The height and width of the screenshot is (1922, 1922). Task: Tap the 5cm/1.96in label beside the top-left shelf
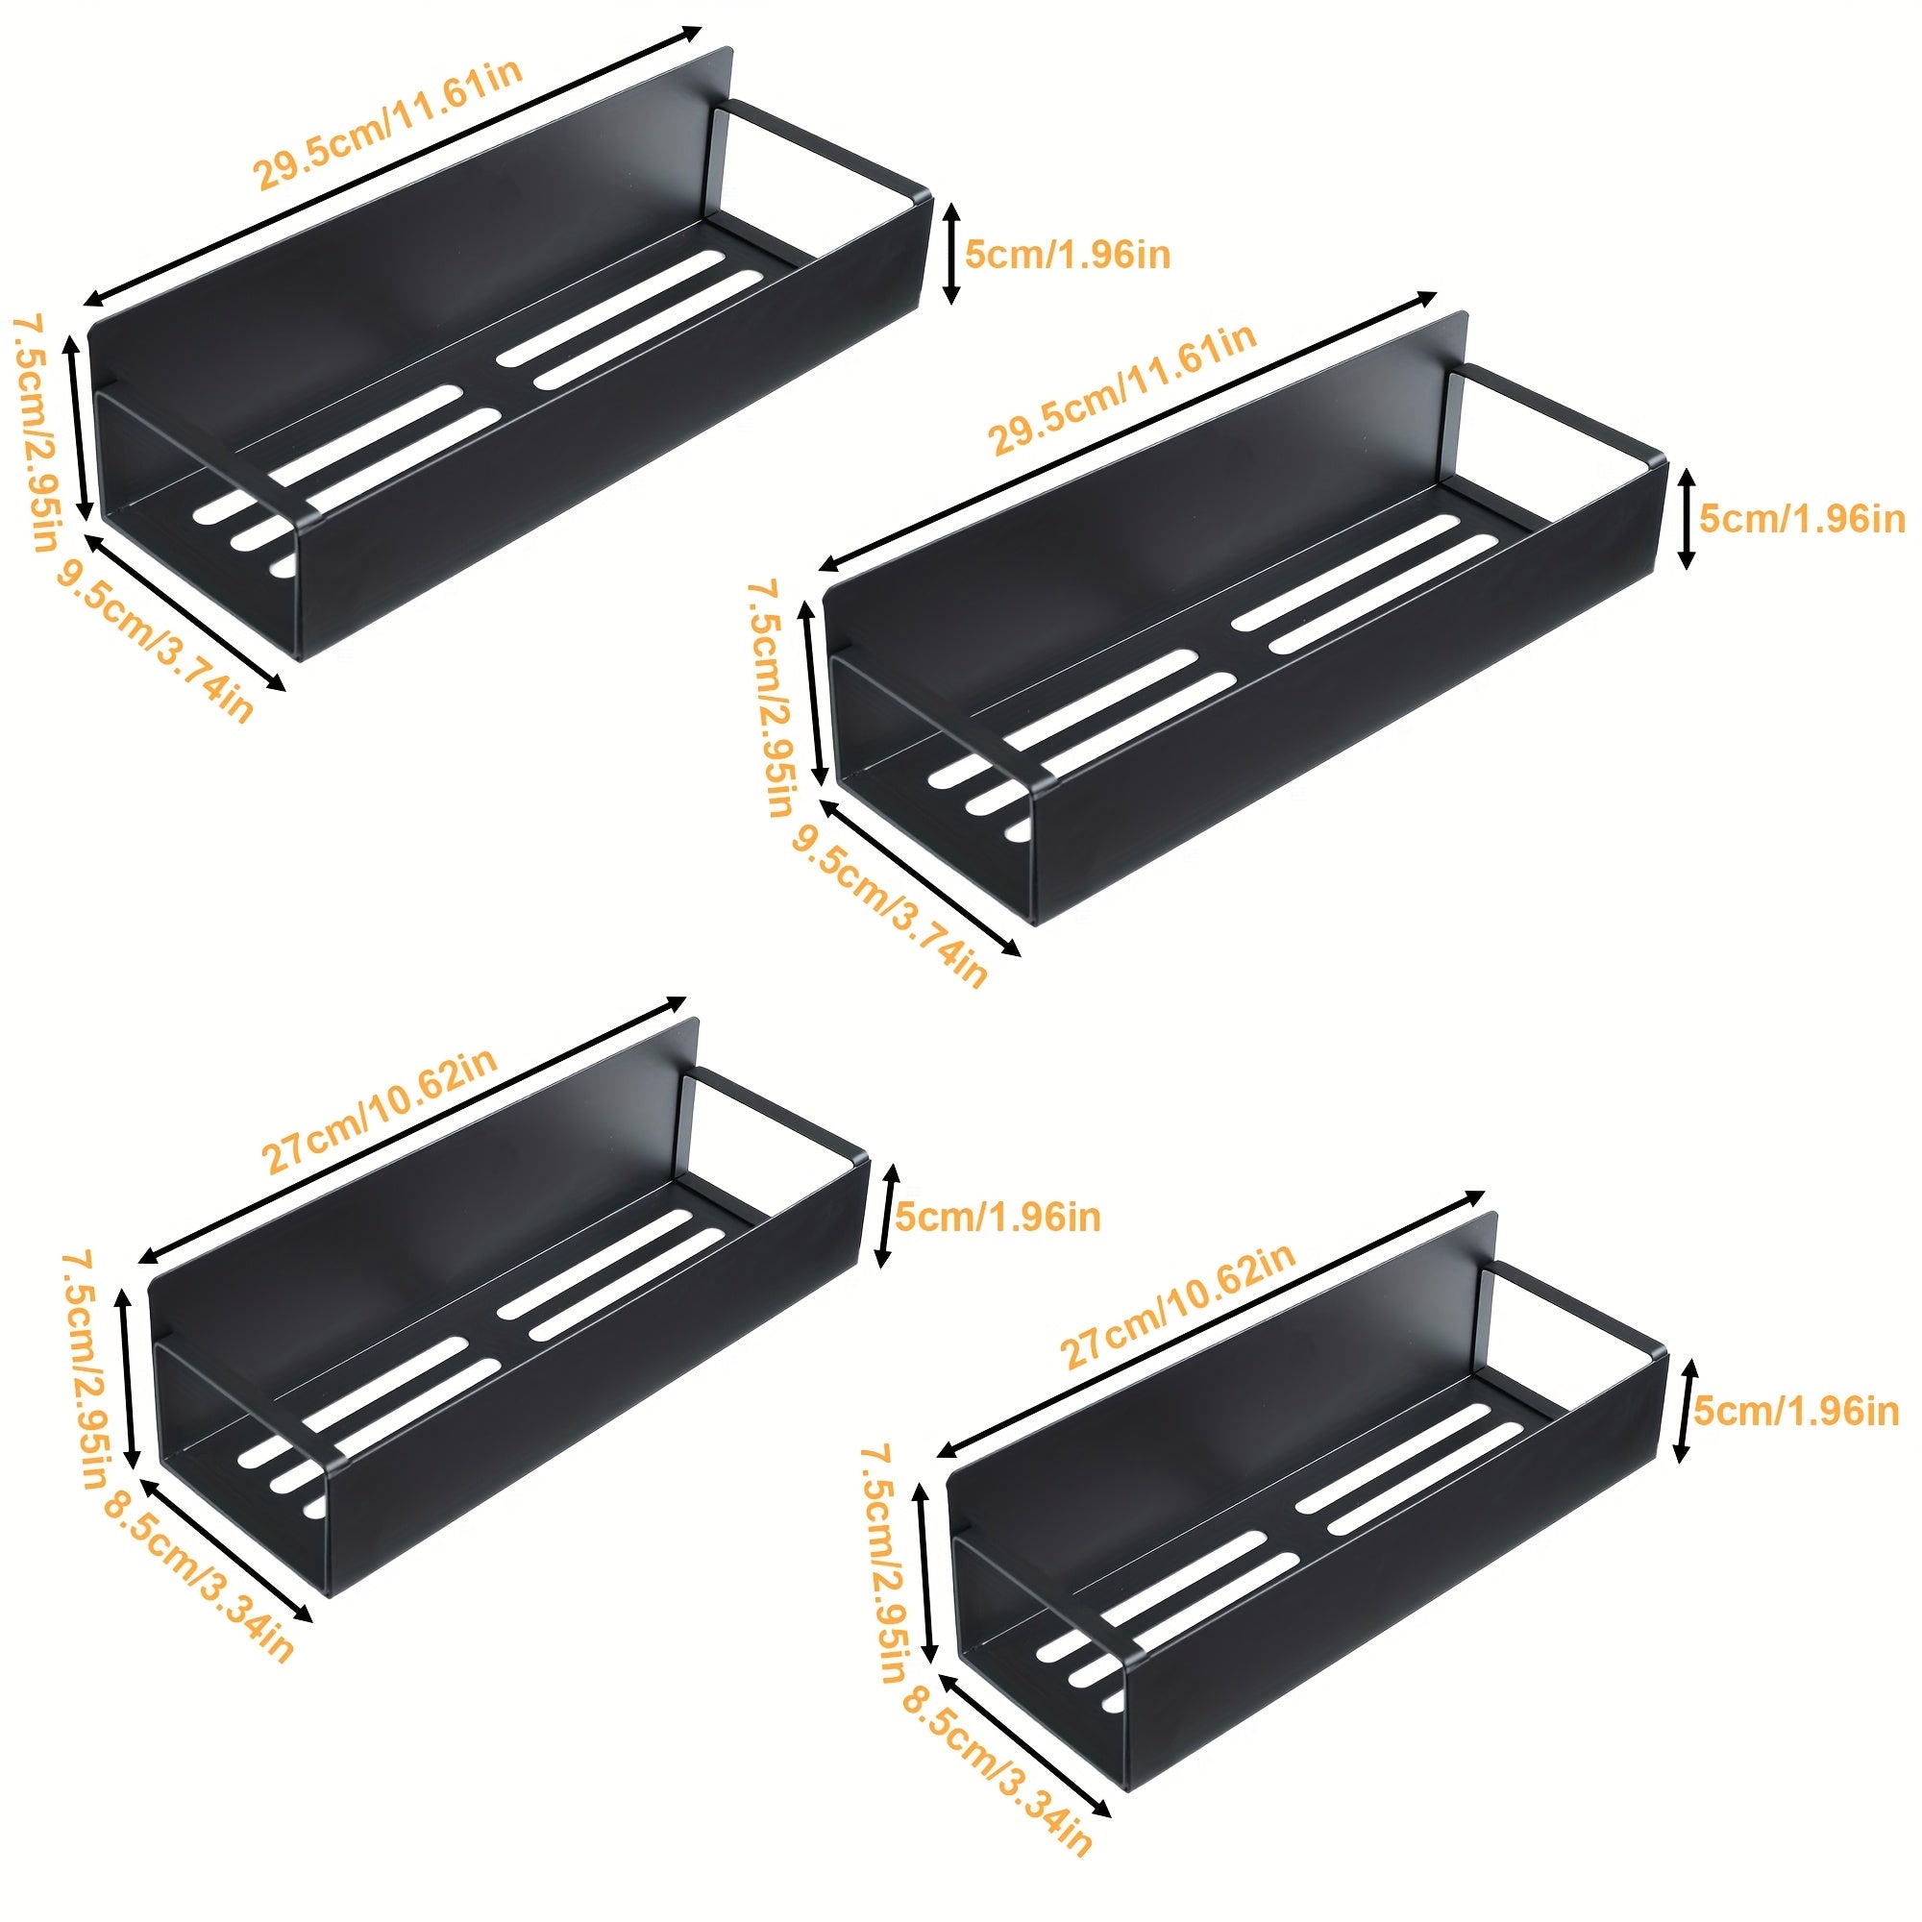click(1068, 255)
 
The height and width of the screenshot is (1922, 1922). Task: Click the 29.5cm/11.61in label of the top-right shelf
click(1123, 389)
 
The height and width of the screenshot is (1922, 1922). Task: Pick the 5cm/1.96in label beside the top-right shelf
click(1801, 519)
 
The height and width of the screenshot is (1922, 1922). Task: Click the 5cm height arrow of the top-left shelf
click(952, 253)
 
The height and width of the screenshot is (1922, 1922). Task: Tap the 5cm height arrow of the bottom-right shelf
click(1683, 1412)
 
